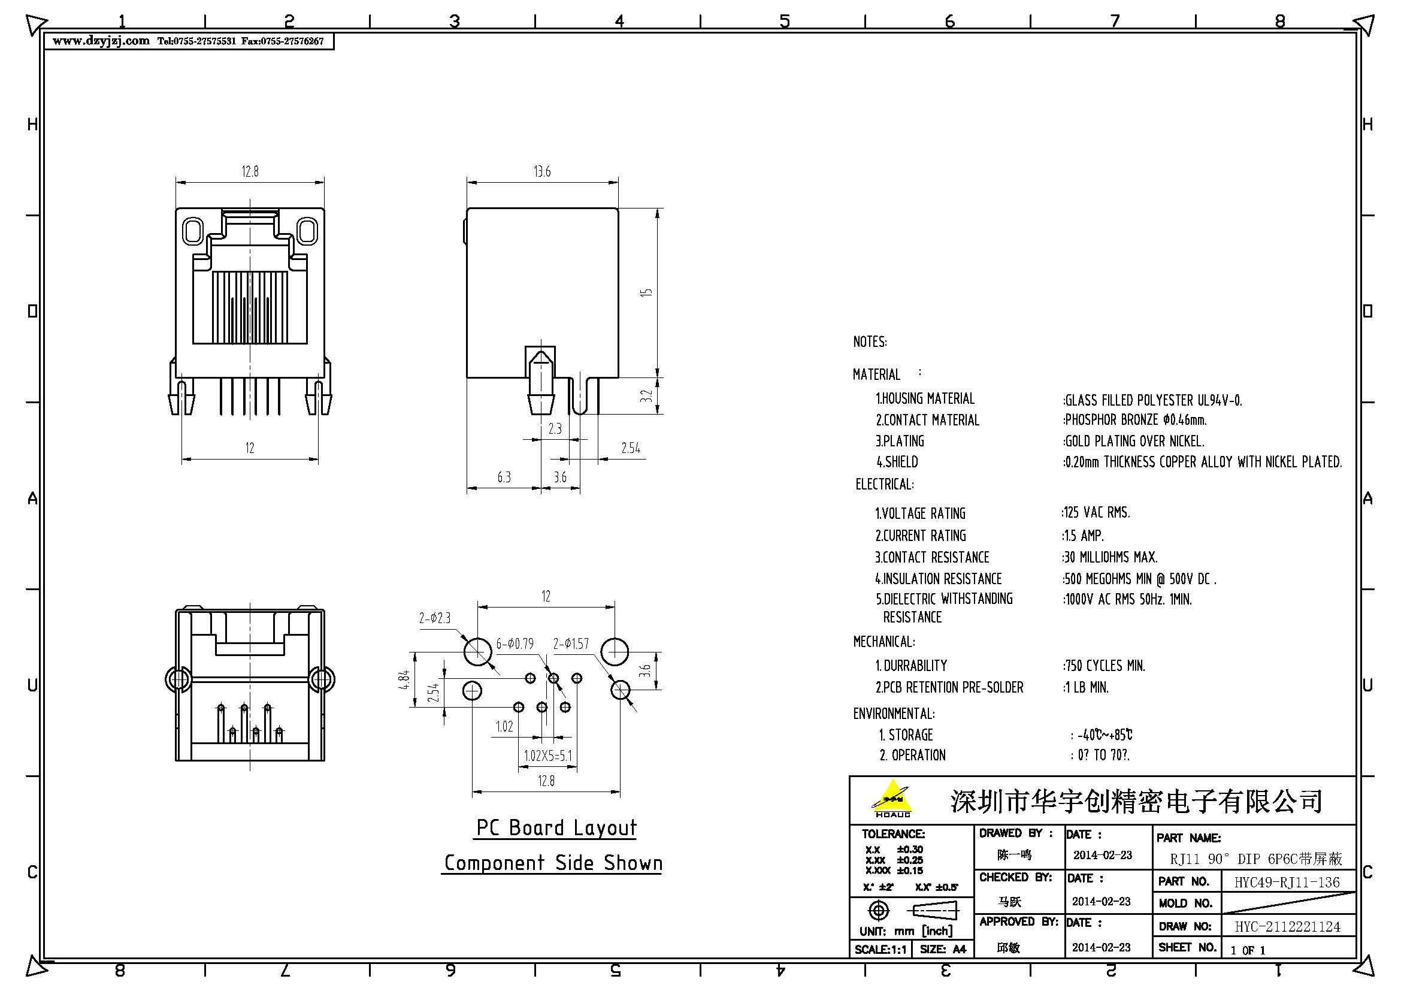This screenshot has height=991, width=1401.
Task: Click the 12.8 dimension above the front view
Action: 250,171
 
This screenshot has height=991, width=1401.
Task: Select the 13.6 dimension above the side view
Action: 542,171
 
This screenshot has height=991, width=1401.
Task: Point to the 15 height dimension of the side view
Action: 646,292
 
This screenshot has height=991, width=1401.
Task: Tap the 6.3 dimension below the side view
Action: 504,477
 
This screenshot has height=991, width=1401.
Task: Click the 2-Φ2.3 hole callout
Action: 434,618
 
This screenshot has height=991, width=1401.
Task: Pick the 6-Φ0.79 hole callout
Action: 515,643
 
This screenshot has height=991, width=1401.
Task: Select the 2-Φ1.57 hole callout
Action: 571,643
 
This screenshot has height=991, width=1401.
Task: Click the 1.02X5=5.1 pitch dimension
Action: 548,756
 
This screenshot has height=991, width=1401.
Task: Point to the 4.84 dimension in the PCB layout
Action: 403,681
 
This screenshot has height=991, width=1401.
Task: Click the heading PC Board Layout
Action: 556,828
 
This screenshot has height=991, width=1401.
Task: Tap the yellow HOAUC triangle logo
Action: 892,797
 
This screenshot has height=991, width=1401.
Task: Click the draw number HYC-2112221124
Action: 1288,927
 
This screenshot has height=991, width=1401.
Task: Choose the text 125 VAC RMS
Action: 1097,513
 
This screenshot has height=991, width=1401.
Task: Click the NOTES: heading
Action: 870,342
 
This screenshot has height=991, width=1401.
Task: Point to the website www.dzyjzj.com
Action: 101,41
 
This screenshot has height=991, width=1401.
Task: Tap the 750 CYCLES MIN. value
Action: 1105,666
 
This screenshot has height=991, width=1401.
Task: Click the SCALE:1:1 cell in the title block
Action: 880,950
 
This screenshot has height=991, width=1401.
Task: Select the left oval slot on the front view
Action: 192,231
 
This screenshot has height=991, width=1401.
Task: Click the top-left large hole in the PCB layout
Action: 477,651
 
